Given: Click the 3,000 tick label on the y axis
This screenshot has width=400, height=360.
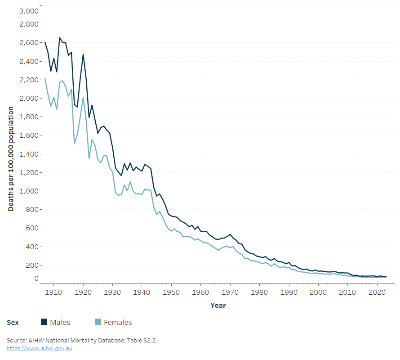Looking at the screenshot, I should tap(29, 11).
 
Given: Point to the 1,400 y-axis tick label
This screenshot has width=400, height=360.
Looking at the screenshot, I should tap(29, 154).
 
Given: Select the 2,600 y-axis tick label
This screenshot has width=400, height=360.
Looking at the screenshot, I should tap(29, 43).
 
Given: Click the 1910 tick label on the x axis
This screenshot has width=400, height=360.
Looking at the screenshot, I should tap(54, 292).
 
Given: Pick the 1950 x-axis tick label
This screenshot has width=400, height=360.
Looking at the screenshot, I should tap(171, 292).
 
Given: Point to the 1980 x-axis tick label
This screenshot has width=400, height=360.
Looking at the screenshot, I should tap(259, 292).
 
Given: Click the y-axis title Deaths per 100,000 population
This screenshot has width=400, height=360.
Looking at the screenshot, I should tap(11, 159).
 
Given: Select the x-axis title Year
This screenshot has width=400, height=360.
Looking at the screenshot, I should tap(218, 306).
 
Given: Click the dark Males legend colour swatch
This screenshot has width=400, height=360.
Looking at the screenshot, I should tap(44, 322).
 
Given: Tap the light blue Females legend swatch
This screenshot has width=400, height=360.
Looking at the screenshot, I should tap(98, 322).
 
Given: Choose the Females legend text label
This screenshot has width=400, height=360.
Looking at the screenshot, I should tap(118, 322).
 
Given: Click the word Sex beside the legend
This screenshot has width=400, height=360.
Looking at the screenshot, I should tap(13, 322).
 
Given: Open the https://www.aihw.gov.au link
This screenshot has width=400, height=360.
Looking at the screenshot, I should tap(40, 348).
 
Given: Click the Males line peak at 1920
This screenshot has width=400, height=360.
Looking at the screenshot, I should tap(83, 54).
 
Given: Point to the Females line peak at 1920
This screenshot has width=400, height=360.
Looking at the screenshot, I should tap(83, 98).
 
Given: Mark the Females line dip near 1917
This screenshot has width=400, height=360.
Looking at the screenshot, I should tap(75, 144).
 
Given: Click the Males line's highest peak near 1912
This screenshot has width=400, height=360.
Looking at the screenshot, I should tap(60, 38).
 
